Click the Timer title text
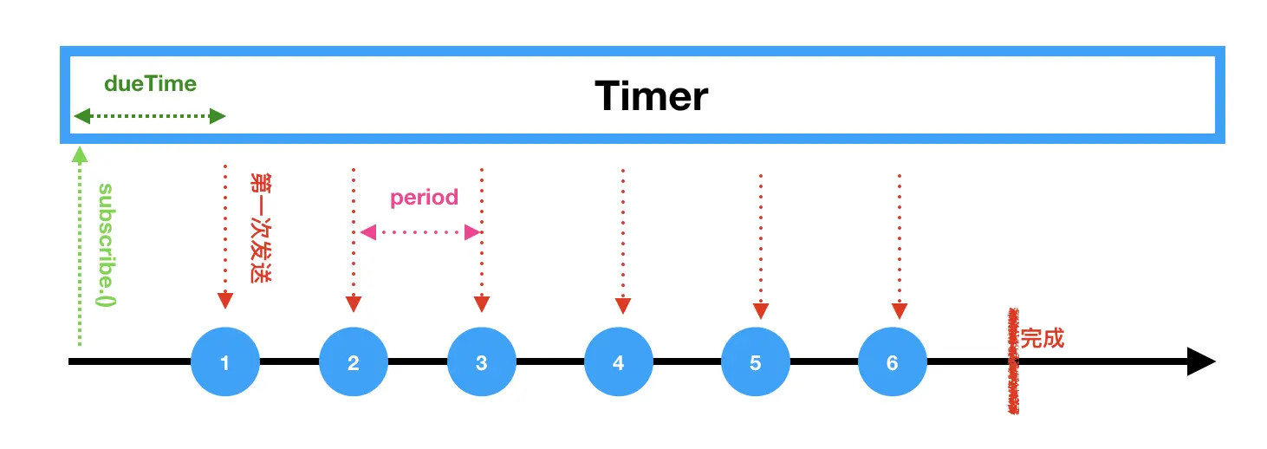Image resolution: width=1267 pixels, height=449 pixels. pyautogui.click(x=651, y=95)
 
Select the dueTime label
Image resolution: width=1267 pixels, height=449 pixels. pyautogui.click(x=150, y=84)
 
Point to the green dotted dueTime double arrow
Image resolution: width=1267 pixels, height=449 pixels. pyautogui.click(x=150, y=116)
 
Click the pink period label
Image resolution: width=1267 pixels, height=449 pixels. pyautogui.click(x=424, y=198)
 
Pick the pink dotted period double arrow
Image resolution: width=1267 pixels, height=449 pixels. pyautogui.click(x=420, y=232)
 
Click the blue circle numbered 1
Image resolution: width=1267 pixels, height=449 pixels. pyautogui.click(x=225, y=361)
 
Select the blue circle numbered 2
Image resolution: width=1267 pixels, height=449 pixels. pyautogui.click(x=354, y=361)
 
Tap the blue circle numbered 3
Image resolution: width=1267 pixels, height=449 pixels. pyautogui.click(x=482, y=361)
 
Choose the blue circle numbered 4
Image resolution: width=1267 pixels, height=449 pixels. pyautogui.click(x=619, y=361)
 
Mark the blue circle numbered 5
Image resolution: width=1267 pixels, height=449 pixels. pyautogui.click(x=756, y=361)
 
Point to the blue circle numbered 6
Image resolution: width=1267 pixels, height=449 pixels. pyautogui.click(x=893, y=361)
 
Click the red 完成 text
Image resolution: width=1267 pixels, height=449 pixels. pyautogui.click(x=1042, y=338)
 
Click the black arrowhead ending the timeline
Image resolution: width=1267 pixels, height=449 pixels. pyautogui.click(x=1201, y=361)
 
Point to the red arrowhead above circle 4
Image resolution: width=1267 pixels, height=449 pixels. pyautogui.click(x=622, y=305)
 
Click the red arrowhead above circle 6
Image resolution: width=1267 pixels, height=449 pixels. pyautogui.click(x=899, y=310)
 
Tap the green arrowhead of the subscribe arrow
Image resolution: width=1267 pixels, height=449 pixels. pyautogui.click(x=80, y=155)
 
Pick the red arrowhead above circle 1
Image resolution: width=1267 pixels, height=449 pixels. pyautogui.click(x=225, y=301)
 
